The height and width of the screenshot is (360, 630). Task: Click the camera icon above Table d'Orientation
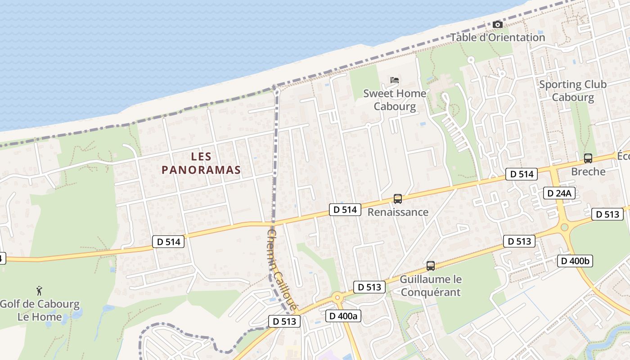(x=497, y=24)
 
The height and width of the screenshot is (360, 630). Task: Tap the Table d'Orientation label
(x=498, y=37)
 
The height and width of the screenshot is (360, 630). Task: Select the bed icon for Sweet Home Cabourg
(x=395, y=81)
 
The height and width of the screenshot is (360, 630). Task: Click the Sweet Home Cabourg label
(x=395, y=100)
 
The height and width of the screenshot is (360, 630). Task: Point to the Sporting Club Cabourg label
(x=573, y=90)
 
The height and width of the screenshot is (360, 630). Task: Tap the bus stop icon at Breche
(x=588, y=158)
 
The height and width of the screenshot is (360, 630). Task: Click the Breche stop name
(x=588, y=171)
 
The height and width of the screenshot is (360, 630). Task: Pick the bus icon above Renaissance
(x=397, y=198)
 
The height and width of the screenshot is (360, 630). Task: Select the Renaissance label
(x=398, y=212)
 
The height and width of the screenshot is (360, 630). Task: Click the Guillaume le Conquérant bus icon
(x=431, y=266)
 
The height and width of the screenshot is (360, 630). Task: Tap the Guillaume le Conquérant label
(x=431, y=286)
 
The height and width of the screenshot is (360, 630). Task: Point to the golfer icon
(x=40, y=291)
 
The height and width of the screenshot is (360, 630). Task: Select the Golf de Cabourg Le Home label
(x=40, y=310)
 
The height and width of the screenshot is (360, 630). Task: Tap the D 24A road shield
(x=559, y=193)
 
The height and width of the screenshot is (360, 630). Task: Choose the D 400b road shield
(x=575, y=261)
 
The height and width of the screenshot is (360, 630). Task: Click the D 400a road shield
(x=343, y=316)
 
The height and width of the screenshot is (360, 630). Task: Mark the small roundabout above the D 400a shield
(x=337, y=297)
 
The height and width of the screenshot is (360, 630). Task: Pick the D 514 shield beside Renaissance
(x=345, y=209)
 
